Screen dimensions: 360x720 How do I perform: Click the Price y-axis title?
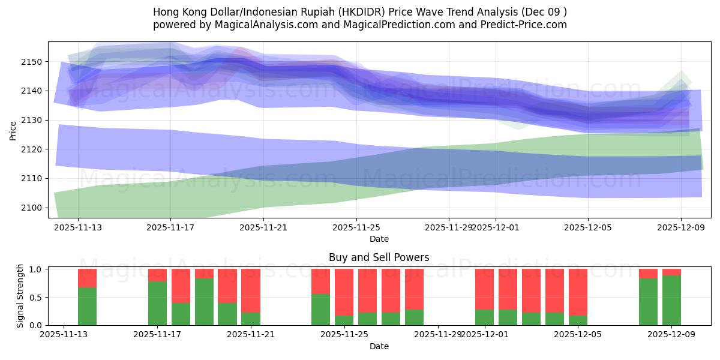pos(13,130)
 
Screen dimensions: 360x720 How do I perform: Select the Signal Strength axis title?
pos(20,296)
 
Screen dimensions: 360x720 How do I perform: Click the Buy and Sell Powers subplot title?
pos(379,257)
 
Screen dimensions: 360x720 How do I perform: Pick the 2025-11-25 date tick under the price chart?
pos(356,227)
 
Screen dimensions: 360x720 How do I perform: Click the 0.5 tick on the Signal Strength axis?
pos(35,297)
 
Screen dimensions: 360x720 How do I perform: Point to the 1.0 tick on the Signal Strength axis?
pos(35,269)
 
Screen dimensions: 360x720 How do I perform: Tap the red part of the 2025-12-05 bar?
pos(578,292)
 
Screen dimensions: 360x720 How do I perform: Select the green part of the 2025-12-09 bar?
pos(671,300)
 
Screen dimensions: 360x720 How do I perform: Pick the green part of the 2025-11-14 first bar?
pos(88,306)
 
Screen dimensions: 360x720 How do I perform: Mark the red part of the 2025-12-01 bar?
pos(485,289)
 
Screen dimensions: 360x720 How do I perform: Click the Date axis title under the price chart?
pos(379,239)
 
